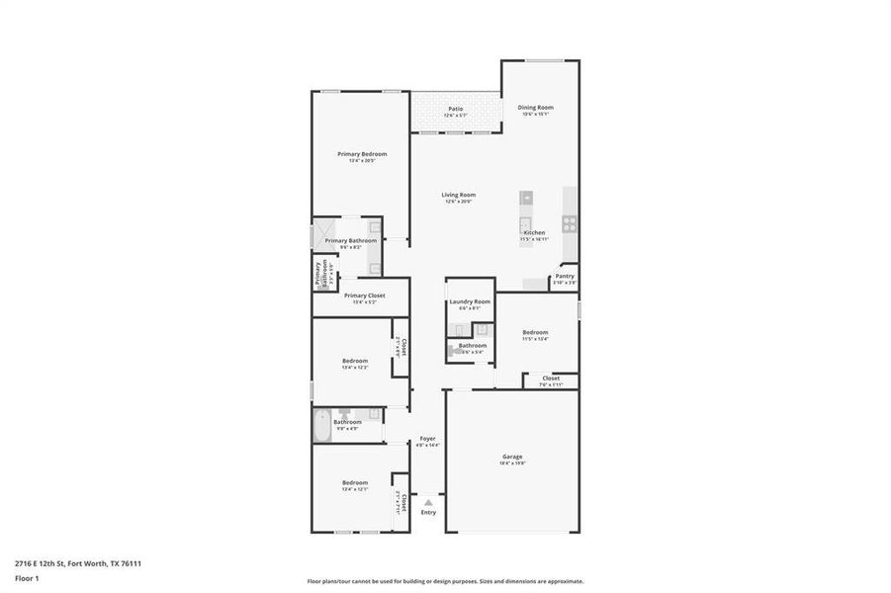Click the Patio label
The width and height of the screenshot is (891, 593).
click(x=455, y=109)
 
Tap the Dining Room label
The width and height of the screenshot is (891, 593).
click(x=535, y=107)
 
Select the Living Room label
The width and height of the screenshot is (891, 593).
click(x=458, y=195)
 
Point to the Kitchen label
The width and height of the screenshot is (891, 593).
click(x=534, y=233)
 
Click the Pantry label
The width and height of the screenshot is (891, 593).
click(x=565, y=277)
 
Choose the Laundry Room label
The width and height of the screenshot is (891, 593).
click(x=470, y=301)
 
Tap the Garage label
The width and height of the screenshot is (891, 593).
click(x=511, y=457)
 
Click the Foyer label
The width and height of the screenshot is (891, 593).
click(x=427, y=438)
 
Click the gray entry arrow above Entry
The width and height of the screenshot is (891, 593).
click(x=428, y=502)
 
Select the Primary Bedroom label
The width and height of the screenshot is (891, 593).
click(x=361, y=154)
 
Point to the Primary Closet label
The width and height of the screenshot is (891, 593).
click(x=364, y=296)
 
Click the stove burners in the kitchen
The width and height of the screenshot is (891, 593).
click(x=570, y=223)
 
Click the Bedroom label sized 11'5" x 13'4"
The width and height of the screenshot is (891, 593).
click(x=535, y=332)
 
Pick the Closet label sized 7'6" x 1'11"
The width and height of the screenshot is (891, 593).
click(x=551, y=379)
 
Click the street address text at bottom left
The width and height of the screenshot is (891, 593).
click(x=78, y=563)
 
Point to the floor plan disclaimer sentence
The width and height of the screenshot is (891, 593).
click(x=445, y=581)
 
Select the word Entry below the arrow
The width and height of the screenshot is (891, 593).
click(x=428, y=512)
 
